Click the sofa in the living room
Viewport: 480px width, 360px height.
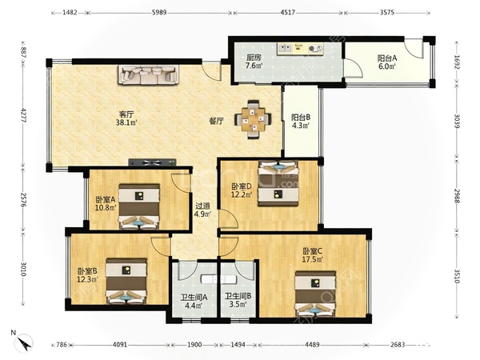149,74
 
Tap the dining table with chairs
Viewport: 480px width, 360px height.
253,119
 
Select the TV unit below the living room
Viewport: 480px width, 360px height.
152,162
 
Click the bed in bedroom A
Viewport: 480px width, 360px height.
139,206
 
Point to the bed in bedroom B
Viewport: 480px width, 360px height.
126,281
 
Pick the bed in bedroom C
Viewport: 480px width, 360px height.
315,294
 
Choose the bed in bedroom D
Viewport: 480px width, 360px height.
278,183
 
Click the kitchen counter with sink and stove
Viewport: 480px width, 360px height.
300,49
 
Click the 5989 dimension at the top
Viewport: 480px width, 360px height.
159,13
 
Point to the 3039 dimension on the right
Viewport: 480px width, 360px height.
457,122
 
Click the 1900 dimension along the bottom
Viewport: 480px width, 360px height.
194,345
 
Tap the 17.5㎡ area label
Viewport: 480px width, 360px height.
313,259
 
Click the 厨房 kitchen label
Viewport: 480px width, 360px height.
254,58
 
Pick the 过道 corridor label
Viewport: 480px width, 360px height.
202,206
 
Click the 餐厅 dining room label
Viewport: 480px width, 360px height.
216,122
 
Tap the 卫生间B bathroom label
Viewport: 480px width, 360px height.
238,296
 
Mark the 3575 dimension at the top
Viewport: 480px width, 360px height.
387,13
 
